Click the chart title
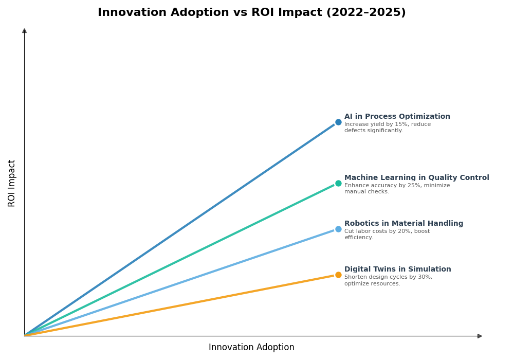click(251, 13)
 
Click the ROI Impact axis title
click(12, 183)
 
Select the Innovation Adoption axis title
click(251, 348)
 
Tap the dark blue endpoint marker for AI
click(338, 122)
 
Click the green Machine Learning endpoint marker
click(338, 184)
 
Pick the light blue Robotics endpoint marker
click(338, 229)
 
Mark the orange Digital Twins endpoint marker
click(338, 275)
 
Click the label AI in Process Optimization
click(397, 117)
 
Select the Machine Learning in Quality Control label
click(416, 178)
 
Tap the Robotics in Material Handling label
click(403, 224)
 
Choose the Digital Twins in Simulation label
click(397, 269)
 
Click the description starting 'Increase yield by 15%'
click(387, 128)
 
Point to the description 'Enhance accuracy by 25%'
click(397, 189)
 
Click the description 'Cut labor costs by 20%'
click(387, 235)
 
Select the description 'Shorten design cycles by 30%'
click(388, 280)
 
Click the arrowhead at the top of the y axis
click(24, 31)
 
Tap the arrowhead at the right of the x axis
click(480, 336)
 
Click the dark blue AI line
click(180, 229)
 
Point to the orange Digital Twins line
click(180, 305)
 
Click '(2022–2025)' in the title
click(365, 13)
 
